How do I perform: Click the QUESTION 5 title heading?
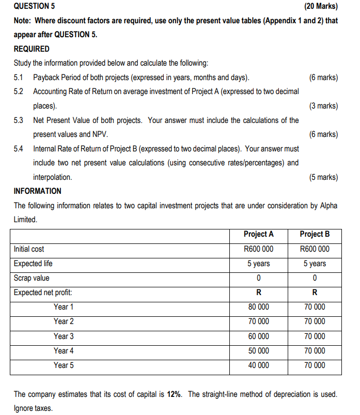(35, 7)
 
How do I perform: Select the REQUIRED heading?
(32, 49)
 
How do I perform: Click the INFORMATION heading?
(37, 191)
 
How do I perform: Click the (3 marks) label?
(323, 106)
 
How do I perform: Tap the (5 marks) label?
(323, 177)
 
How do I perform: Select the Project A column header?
(258, 234)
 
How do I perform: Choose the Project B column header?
(315, 234)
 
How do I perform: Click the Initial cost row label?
(29, 249)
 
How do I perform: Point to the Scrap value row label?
(32, 278)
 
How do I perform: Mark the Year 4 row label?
(64, 350)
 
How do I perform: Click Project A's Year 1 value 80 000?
(258, 307)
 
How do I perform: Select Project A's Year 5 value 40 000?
(258, 365)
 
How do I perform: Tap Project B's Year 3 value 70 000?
(315, 336)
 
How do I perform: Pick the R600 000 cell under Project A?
(258, 249)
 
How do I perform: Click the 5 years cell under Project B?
(315, 264)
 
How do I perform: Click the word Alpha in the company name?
(327, 205)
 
